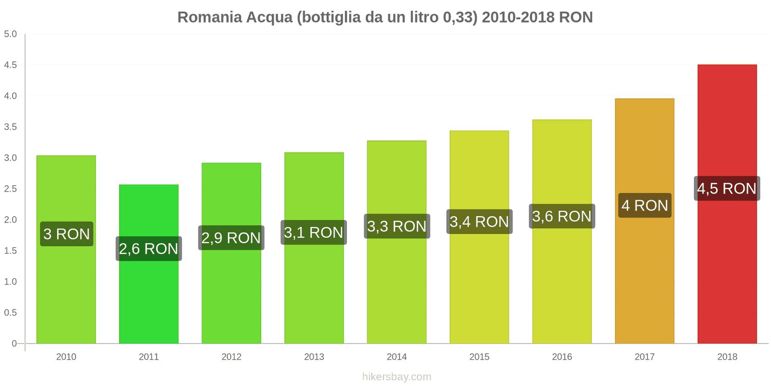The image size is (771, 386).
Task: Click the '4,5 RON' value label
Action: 727,189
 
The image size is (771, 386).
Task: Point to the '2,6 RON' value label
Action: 149,249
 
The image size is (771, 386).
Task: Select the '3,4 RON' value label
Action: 479,222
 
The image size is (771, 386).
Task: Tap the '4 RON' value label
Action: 645,206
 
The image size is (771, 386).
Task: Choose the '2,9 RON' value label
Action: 231,238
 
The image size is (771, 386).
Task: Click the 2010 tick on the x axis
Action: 66,357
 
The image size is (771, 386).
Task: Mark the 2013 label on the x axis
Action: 314,357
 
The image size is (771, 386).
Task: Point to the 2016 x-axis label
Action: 562,357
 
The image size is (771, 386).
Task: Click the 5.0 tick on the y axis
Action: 11,34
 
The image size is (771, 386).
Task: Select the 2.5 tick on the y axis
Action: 11,189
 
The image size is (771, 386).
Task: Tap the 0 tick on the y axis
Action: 14,344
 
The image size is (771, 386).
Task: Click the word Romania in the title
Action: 210,17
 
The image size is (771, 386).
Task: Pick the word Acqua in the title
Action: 269,17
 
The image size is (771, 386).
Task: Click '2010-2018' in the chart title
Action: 518,17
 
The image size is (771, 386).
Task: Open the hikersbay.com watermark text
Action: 397,377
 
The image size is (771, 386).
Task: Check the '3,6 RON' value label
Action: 562,217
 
